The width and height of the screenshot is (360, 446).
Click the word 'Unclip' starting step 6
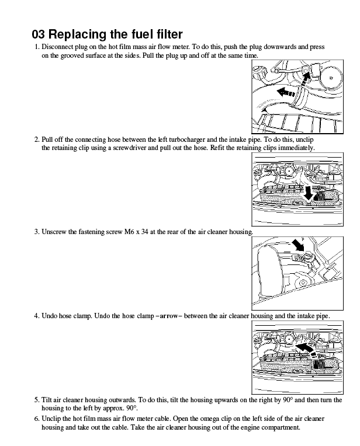coord(52,419)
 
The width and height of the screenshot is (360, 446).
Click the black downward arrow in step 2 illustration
coord(309,193)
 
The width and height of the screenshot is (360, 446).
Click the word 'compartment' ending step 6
coord(281,427)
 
